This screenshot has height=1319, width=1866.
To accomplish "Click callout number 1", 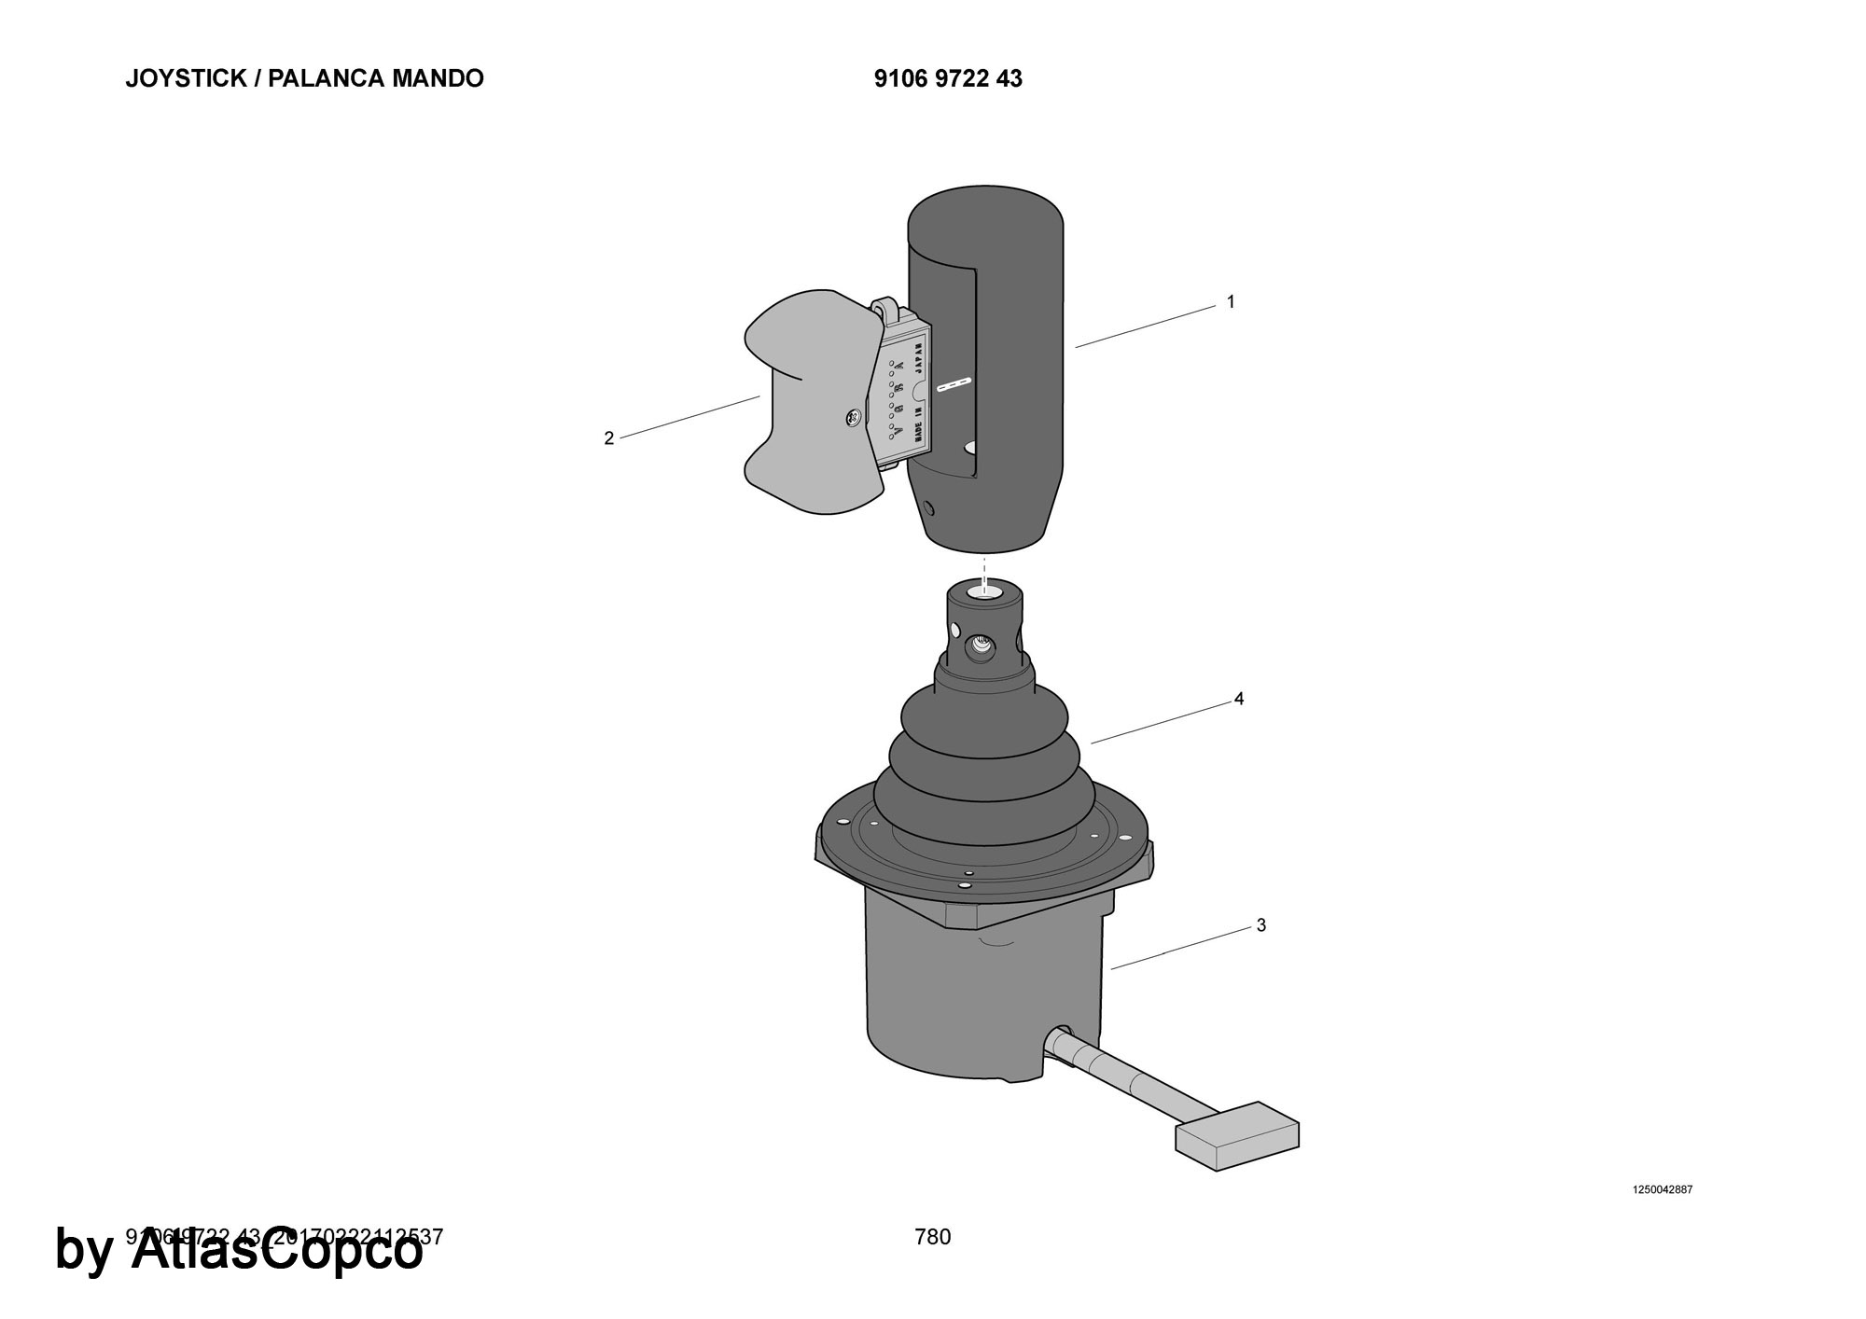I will click(1231, 301).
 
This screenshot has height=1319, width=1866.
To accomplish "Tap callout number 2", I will click(609, 437).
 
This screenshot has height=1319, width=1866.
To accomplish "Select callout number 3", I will click(1261, 925).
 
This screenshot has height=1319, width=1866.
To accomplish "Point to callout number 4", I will click(1239, 699).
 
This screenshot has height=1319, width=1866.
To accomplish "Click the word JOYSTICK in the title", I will click(186, 78).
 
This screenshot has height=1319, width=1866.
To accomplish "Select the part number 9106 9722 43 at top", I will click(948, 79).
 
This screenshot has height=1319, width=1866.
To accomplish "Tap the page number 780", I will click(933, 1237).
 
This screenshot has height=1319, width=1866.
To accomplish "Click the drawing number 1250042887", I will click(1662, 1189).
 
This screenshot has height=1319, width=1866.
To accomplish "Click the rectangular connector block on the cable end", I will click(1237, 1135).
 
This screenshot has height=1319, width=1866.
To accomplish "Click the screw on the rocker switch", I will click(853, 419).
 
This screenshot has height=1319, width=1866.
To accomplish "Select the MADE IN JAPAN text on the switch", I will click(918, 392).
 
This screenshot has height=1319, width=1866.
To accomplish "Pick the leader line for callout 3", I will click(1180, 949).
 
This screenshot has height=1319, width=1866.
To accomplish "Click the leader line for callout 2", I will click(690, 416).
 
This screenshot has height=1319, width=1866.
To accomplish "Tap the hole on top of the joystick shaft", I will click(983, 591).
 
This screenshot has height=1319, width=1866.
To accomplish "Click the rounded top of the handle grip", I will click(985, 215).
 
